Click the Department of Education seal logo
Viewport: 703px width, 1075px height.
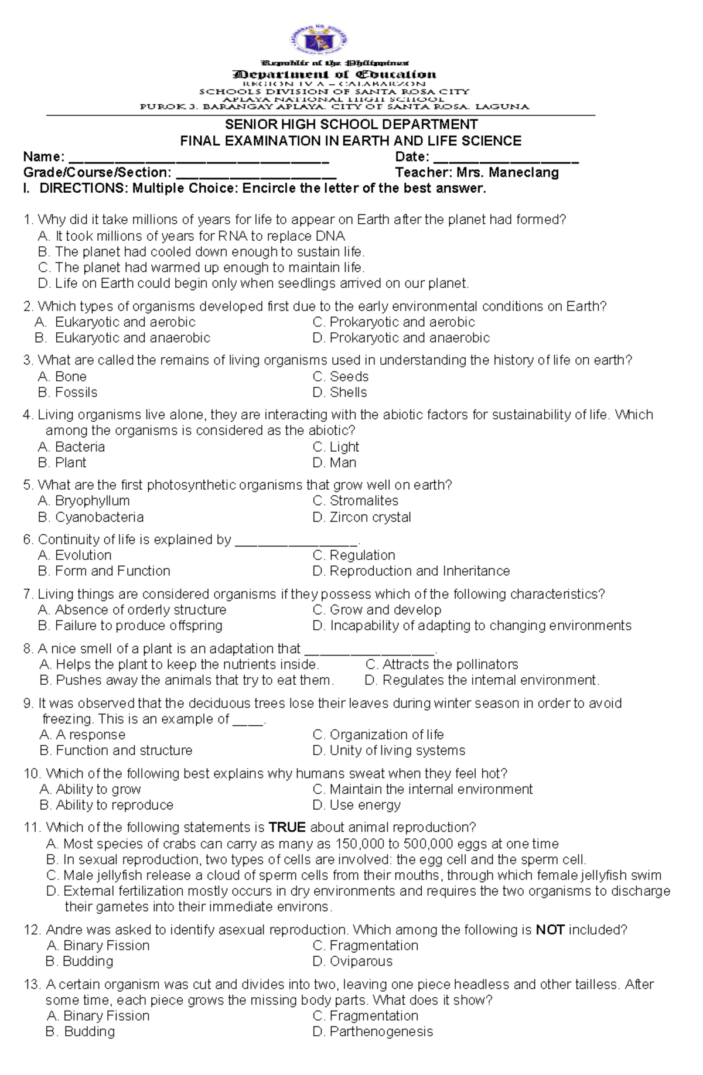tap(319, 40)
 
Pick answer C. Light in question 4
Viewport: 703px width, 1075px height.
tap(336, 447)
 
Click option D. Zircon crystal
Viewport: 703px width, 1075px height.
tap(361, 517)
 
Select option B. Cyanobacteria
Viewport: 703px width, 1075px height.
tap(91, 517)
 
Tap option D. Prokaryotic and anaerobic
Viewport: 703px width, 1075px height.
tap(401, 338)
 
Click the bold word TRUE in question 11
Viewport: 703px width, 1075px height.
tap(287, 828)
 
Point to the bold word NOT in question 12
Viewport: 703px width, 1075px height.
tap(550, 930)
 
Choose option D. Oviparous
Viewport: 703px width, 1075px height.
tap(352, 961)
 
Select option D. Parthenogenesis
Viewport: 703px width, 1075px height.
tap(373, 1032)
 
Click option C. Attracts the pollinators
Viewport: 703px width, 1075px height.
tap(442, 664)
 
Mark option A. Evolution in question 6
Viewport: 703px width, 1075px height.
tap(74, 555)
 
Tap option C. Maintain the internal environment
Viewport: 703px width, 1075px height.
tap(422, 789)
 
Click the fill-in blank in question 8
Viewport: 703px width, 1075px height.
tap(370, 651)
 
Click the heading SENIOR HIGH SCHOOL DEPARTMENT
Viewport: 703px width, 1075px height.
tap(351, 125)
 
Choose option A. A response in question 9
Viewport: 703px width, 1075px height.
tap(83, 735)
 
